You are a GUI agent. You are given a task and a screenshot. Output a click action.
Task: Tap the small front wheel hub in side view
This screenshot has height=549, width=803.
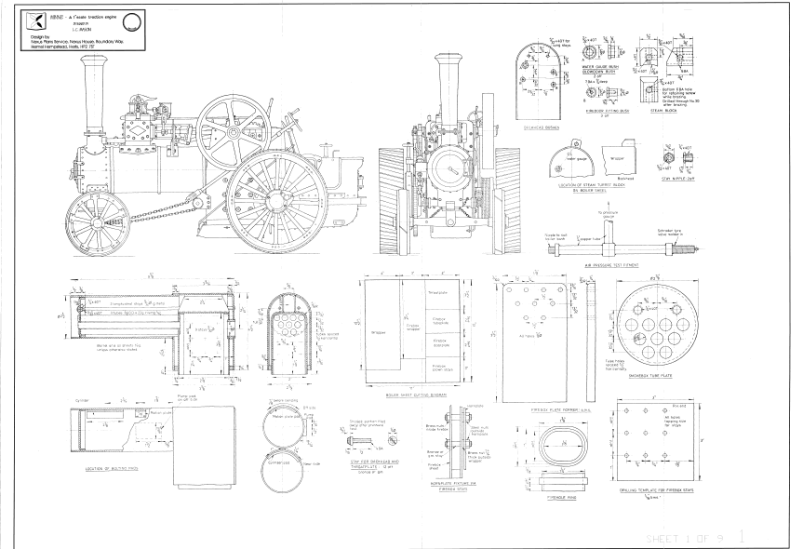(89, 202)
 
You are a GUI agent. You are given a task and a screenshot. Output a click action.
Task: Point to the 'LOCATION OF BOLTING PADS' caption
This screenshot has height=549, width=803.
(106, 470)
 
